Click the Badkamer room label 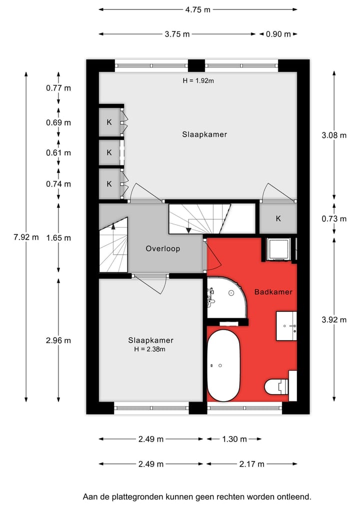273,292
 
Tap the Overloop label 162,248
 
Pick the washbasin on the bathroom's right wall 286,326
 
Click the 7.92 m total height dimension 25,237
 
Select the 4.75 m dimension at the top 197,9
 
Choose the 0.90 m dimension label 278,34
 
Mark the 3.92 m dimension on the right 334,320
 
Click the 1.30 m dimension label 233,439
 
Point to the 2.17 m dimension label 251,464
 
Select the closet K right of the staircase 278,218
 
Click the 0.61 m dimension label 59,153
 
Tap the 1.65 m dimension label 59,238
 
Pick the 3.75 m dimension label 177,34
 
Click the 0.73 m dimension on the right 334,218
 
